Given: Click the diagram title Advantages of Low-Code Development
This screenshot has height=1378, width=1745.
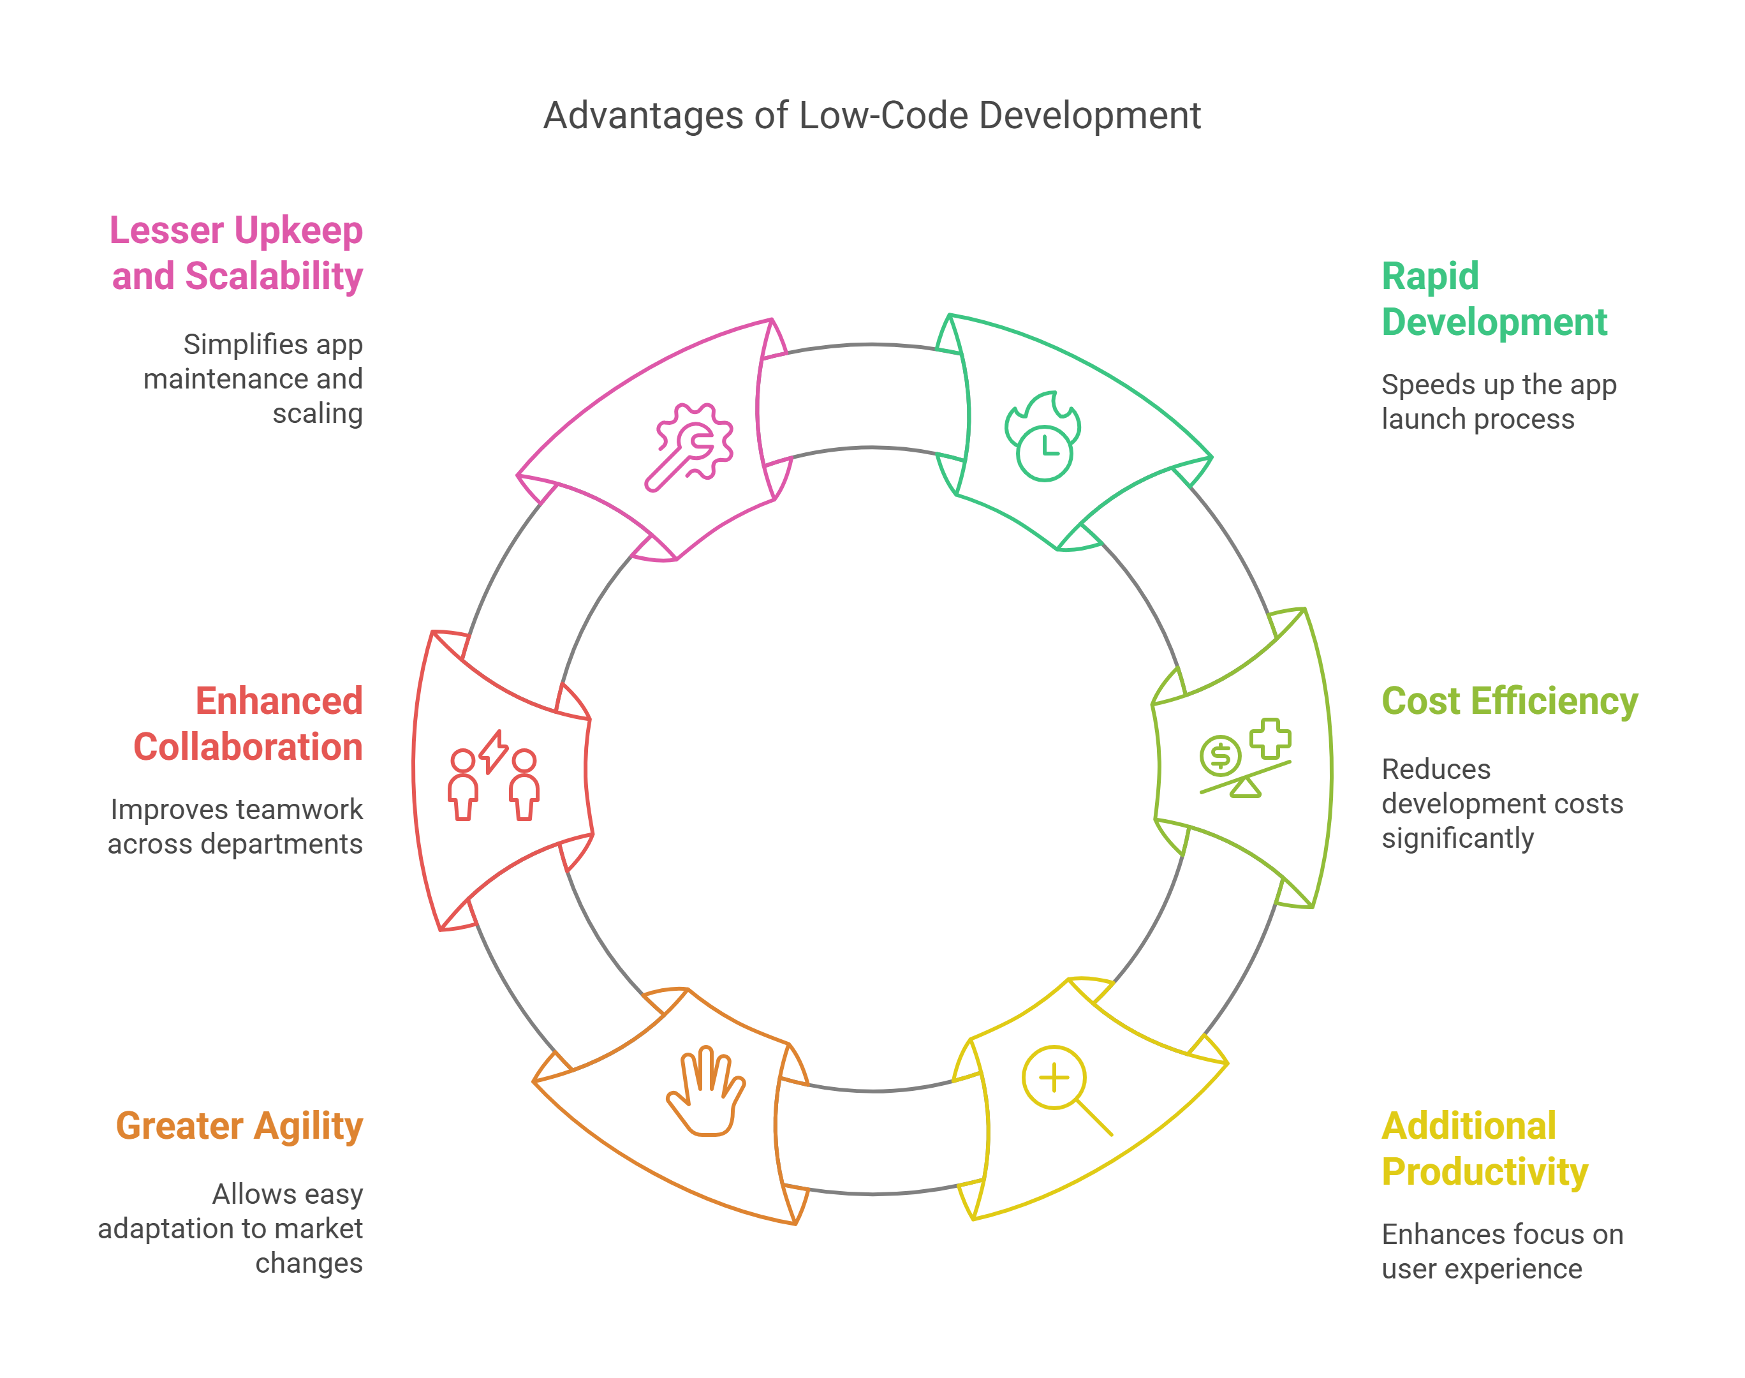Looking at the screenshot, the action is (x=872, y=115).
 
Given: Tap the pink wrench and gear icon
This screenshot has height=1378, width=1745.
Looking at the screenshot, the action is (x=689, y=446).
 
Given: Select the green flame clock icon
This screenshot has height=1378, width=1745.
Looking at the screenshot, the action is (x=1043, y=436).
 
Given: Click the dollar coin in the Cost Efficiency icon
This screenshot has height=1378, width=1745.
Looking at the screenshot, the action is (x=1219, y=756).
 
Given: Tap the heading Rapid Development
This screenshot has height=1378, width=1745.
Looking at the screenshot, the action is (x=1494, y=299).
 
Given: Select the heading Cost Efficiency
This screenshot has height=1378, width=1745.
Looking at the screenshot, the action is (x=1509, y=700).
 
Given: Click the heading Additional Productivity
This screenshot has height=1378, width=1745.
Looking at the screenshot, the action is (x=1484, y=1148).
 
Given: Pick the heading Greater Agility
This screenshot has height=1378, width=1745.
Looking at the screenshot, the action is (x=240, y=1125).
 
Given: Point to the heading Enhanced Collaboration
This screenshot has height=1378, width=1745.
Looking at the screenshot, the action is (x=248, y=723).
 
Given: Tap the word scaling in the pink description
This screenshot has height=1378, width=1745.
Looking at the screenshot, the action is (x=317, y=414).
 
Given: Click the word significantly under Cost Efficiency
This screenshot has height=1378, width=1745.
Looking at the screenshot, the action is (x=1457, y=838).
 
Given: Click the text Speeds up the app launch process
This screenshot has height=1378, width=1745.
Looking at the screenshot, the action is (x=1498, y=402).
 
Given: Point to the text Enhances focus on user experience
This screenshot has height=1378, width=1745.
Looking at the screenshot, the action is (x=1501, y=1251).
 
